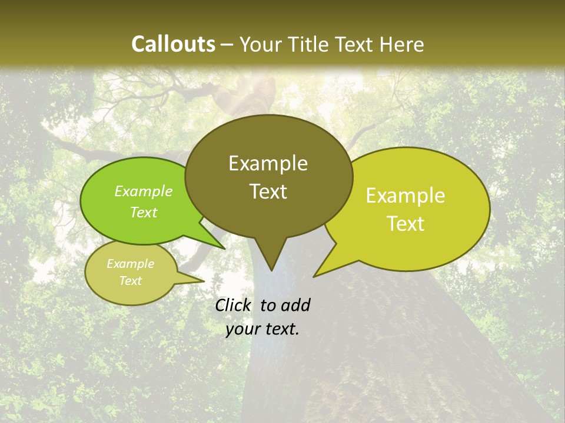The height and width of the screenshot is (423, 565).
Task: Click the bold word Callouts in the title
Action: pyautogui.click(x=173, y=44)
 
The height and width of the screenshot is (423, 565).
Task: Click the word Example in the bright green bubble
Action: pyautogui.click(x=143, y=191)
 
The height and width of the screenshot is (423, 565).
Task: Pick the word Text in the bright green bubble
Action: pyautogui.click(x=143, y=212)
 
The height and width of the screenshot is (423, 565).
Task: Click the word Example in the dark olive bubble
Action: pyautogui.click(x=268, y=163)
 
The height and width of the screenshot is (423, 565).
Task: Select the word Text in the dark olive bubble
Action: pyautogui.click(x=268, y=192)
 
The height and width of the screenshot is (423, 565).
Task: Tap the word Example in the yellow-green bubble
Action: pyautogui.click(x=406, y=196)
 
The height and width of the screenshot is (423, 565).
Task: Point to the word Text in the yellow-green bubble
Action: pyautogui.click(x=406, y=224)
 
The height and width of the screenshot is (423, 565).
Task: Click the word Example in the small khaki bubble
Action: pyautogui.click(x=130, y=264)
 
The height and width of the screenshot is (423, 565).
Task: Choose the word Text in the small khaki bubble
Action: pyautogui.click(x=130, y=281)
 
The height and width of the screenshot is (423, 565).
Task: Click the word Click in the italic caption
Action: pyautogui.click(x=234, y=305)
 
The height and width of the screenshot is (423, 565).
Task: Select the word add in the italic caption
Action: pyautogui.click(x=295, y=305)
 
